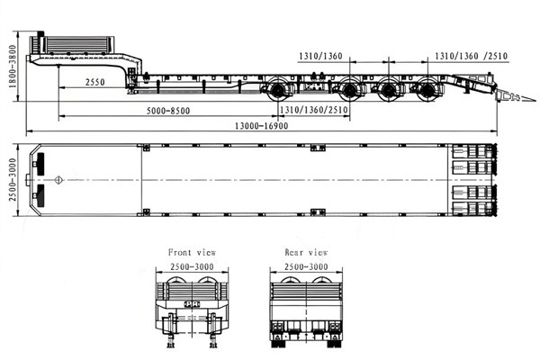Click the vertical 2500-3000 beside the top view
point(12,181)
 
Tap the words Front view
point(192,253)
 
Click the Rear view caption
point(306,253)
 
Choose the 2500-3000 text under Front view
point(192,268)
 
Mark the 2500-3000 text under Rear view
point(306,268)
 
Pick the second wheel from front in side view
point(351,90)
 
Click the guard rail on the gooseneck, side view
point(76,42)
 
